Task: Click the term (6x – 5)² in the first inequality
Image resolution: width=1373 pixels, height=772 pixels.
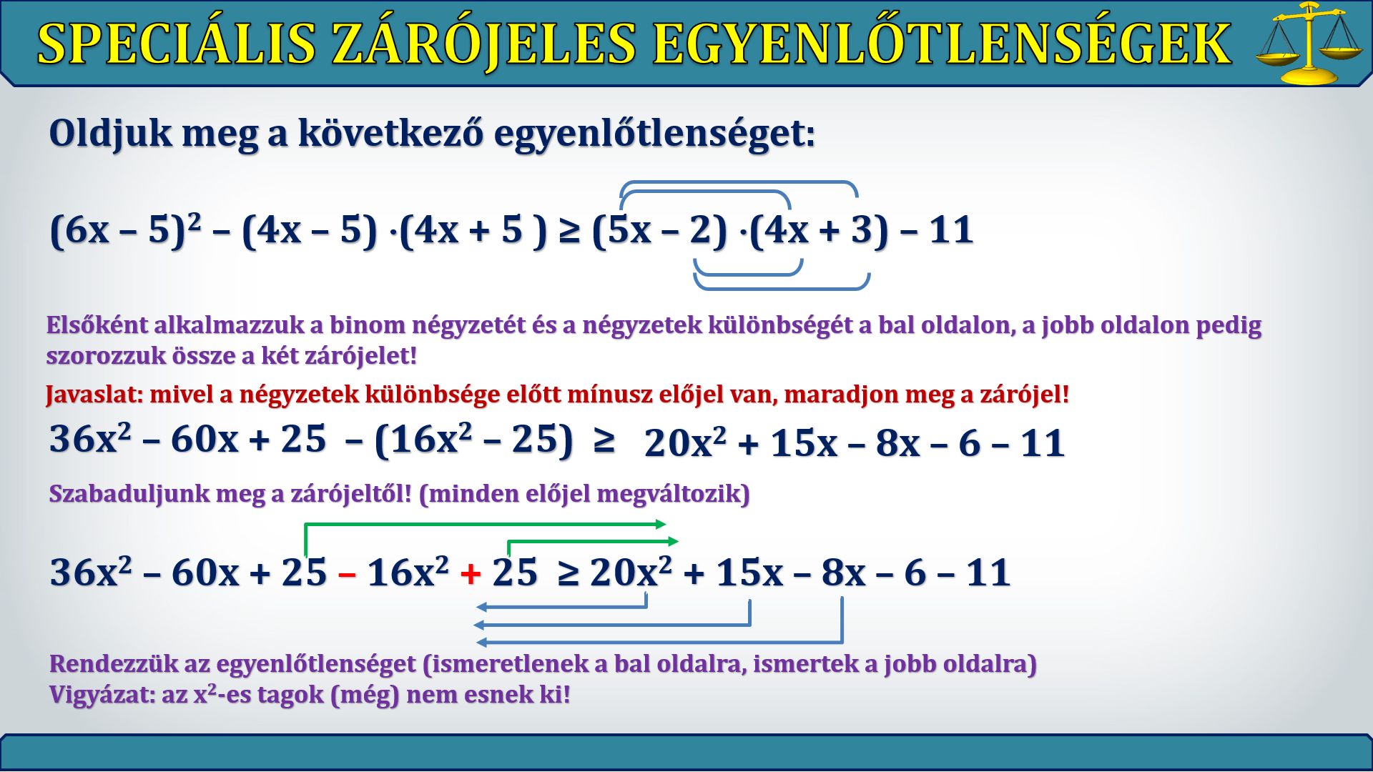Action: tap(125, 230)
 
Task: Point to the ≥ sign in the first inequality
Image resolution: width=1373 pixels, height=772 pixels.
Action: tap(569, 232)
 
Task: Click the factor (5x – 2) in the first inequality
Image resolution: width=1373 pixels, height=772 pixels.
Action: tap(659, 230)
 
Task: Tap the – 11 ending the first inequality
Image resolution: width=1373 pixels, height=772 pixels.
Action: tap(936, 230)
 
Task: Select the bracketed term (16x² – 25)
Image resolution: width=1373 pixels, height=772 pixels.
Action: tap(473, 440)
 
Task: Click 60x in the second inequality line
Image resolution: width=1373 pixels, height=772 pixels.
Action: tap(205, 439)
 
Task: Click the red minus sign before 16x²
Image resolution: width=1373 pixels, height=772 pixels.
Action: tap(347, 574)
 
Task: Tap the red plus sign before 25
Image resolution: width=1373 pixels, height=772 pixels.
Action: tap(471, 573)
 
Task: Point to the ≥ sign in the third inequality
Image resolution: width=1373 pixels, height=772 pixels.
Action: tap(568, 573)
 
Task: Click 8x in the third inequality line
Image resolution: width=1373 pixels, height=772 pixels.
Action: tap(843, 573)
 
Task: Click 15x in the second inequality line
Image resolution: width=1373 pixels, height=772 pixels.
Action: tap(804, 443)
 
